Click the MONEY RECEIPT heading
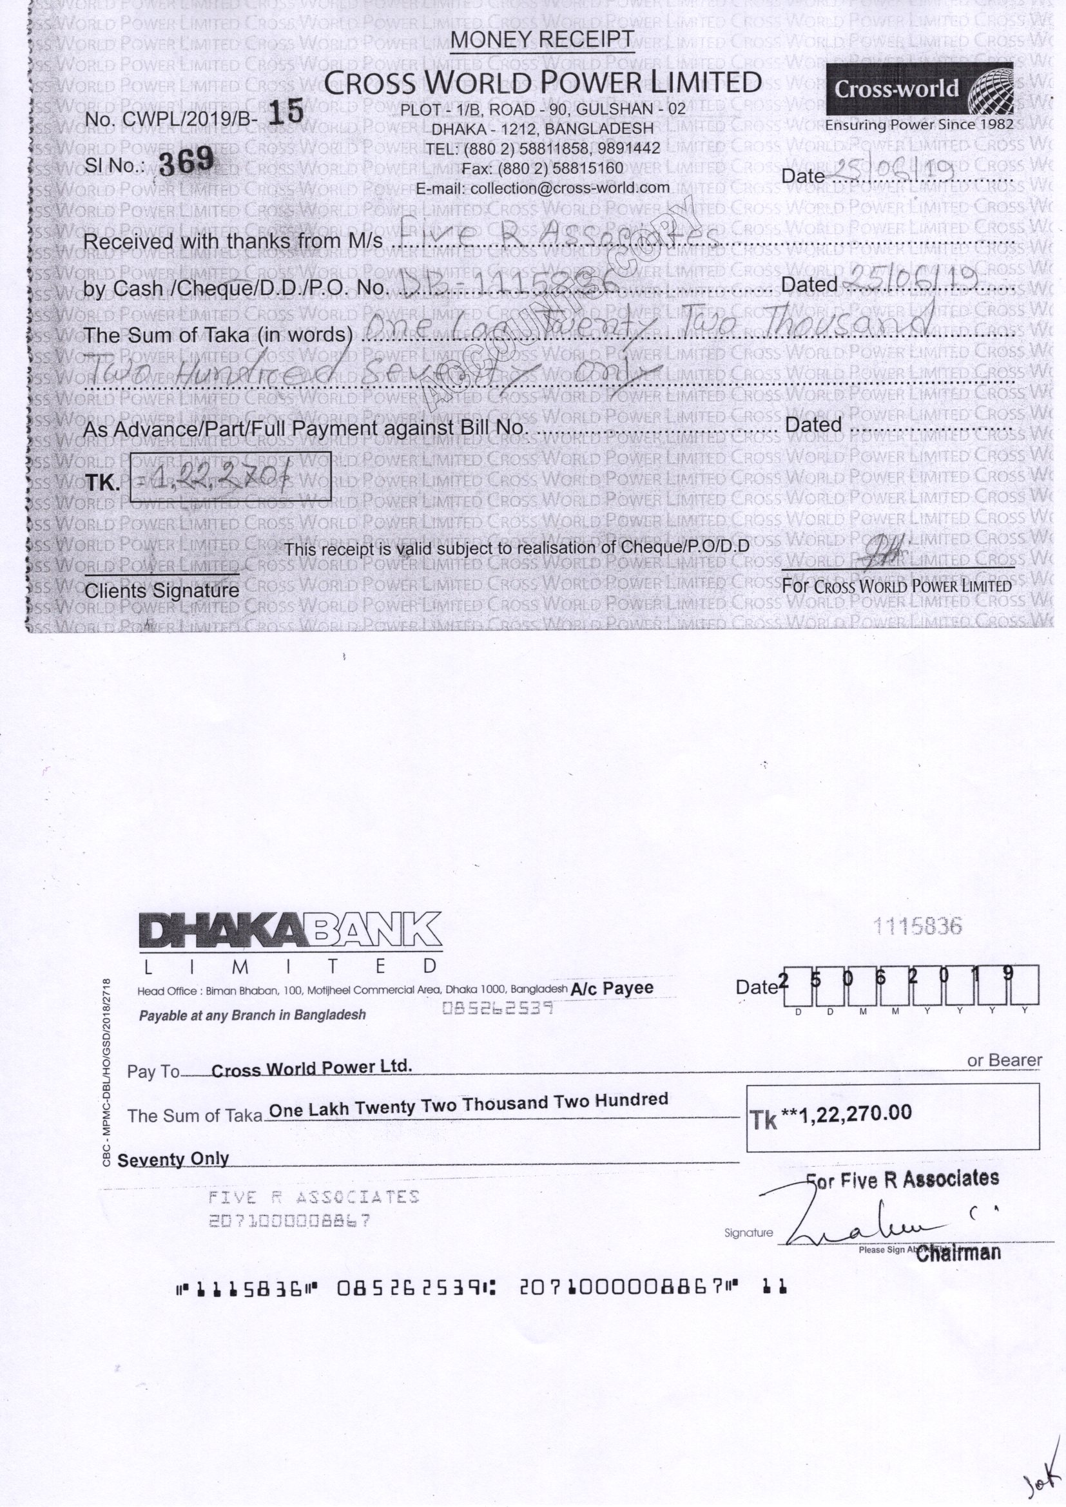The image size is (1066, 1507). (x=542, y=39)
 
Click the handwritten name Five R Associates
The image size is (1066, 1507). (x=558, y=233)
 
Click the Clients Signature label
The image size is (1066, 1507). (x=162, y=591)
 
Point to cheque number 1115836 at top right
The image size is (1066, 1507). (x=917, y=926)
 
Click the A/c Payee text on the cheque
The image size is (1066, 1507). (x=612, y=988)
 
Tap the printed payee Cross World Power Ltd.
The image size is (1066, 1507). (x=312, y=1068)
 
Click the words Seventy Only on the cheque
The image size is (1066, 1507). (x=173, y=1160)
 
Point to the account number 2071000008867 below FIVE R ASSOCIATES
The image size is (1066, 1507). (x=289, y=1221)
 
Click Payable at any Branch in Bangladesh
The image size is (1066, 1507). (x=252, y=1015)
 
